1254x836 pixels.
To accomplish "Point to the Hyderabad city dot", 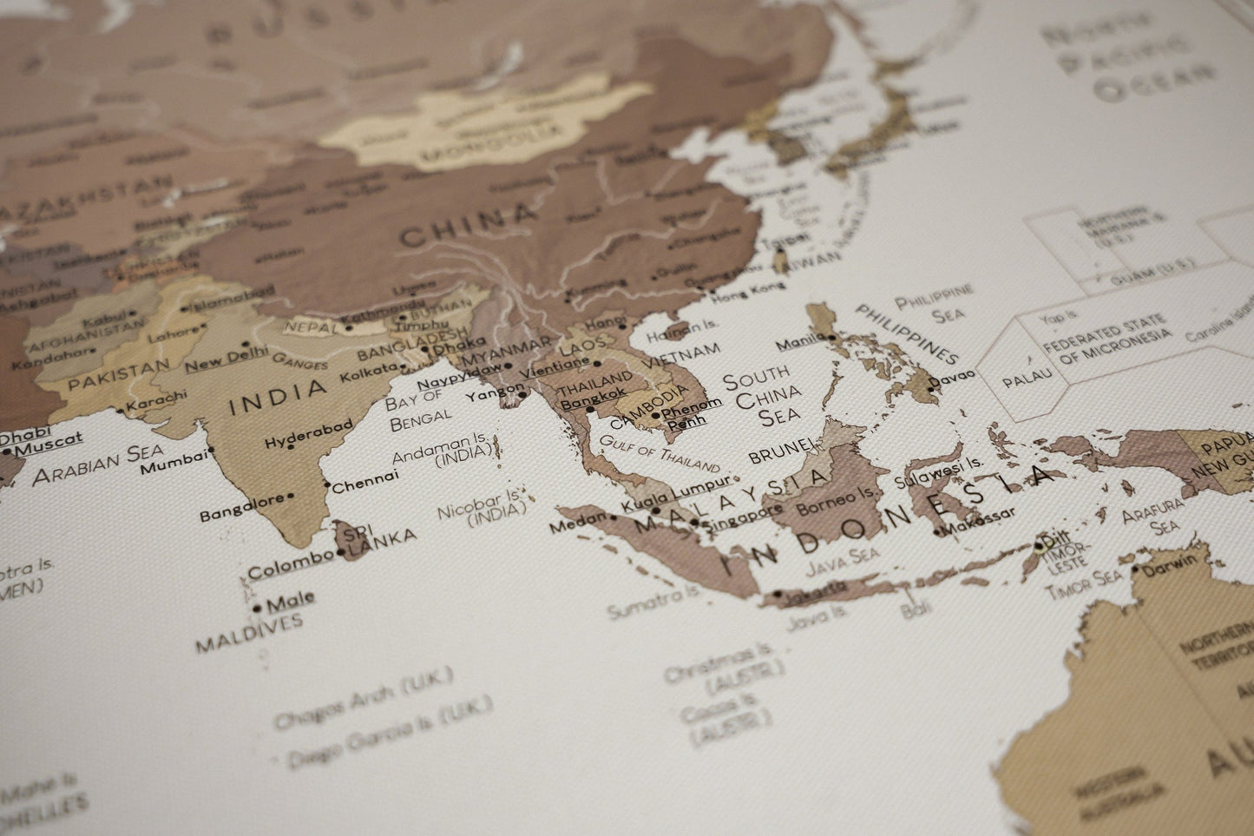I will click(x=291, y=447).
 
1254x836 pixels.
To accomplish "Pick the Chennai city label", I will click(x=365, y=476).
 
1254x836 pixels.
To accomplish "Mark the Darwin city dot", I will click(x=1135, y=569).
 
